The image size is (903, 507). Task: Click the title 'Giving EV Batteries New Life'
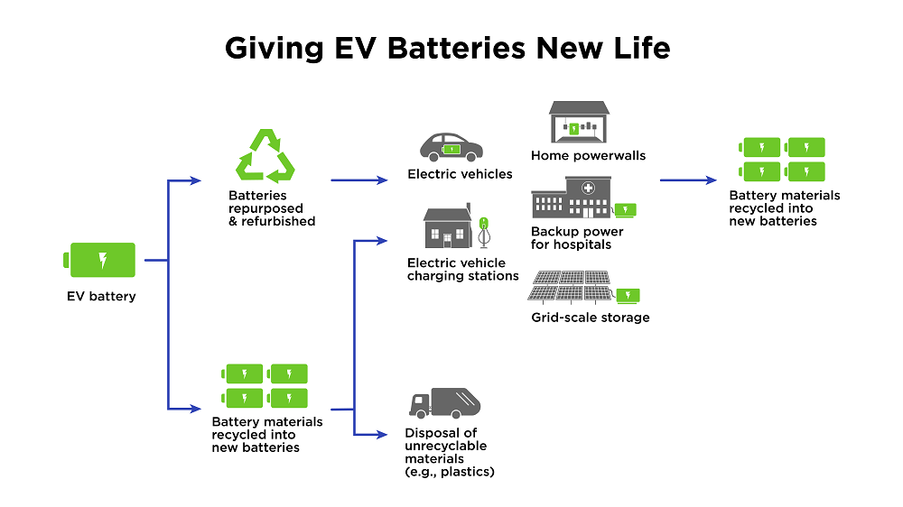tap(447, 47)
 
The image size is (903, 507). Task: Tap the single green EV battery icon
tap(102, 260)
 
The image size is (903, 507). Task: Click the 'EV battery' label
tap(101, 296)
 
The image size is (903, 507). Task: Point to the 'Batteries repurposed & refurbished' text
tap(272, 208)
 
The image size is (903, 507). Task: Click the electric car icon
tap(451, 147)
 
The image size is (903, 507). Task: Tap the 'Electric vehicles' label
tap(460, 174)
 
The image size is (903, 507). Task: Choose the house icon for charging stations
tap(449, 227)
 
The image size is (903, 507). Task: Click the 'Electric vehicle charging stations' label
tap(462, 269)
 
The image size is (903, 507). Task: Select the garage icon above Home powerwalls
tap(579, 121)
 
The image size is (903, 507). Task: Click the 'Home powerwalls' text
tap(588, 155)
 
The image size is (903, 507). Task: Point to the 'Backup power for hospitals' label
tap(577, 238)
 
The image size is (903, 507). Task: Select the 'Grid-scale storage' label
tap(590, 318)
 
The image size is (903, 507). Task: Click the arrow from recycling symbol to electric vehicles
tap(358, 180)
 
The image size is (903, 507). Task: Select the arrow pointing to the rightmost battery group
tap(688, 180)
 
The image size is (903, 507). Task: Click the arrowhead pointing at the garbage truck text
tap(382, 435)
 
